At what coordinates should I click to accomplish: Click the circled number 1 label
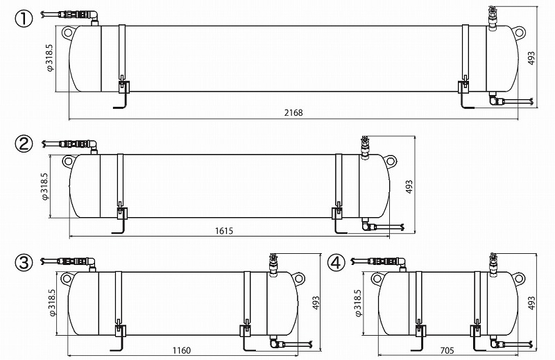[24, 19]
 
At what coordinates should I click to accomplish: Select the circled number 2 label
[24, 144]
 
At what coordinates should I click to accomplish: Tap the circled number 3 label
[24, 263]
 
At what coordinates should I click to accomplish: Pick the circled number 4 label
[336, 263]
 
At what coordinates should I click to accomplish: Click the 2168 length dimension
[293, 112]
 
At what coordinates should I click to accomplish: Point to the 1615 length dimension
[223, 231]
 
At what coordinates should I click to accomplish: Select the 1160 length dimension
[181, 350]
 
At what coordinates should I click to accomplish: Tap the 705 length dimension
[447, 350]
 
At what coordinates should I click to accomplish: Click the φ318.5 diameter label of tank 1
[49, 58]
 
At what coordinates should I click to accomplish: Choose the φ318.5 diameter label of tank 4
[358, 303]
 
